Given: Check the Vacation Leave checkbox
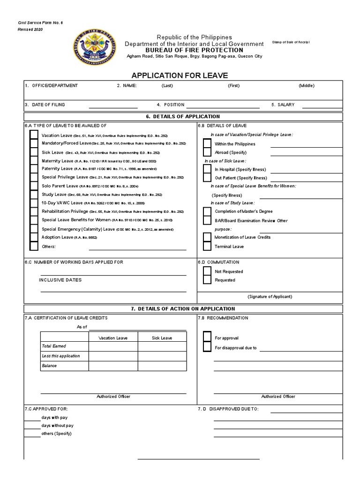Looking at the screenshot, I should (34, 135).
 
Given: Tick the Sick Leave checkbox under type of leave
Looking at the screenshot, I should (34, 152).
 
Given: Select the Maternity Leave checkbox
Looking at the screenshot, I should (34, 161).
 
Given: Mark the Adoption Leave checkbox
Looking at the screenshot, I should (34, 237).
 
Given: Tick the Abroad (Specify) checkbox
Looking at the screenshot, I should (207, 152).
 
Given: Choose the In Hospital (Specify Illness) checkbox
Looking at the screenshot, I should (207, 169).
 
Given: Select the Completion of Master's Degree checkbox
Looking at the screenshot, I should (207, 211).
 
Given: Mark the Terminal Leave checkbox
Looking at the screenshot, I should (207, 246).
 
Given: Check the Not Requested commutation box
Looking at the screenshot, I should (207, 271).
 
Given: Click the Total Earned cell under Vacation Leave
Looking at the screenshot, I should (113, 346).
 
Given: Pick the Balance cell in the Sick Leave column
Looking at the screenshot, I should (162, 366).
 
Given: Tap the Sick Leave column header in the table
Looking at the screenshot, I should (162, 337).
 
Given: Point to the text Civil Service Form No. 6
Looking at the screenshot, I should (37, 22).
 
